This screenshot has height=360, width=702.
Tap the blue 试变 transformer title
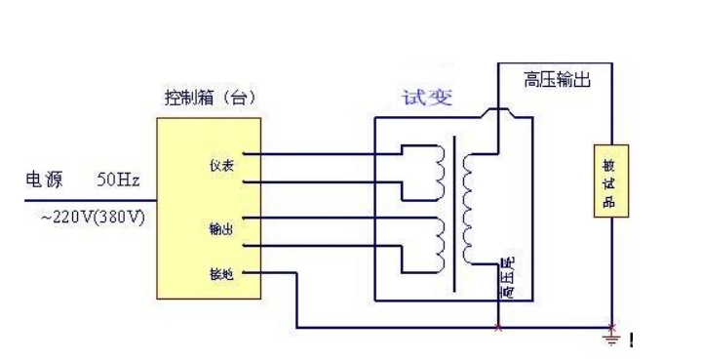click(x=425, y=98)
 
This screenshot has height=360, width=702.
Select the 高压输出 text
click(x=558, y=78)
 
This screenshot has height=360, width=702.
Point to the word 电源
click(x=45, y=180)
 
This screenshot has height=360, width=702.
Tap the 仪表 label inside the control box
click(x=219, y=167)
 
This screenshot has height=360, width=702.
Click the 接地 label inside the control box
click(x=219, y=275)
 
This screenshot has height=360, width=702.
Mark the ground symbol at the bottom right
click(x=612, y=337)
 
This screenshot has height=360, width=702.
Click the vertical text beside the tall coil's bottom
click(x=506, y=278)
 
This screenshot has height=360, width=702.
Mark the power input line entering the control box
click(x=88, y=199)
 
